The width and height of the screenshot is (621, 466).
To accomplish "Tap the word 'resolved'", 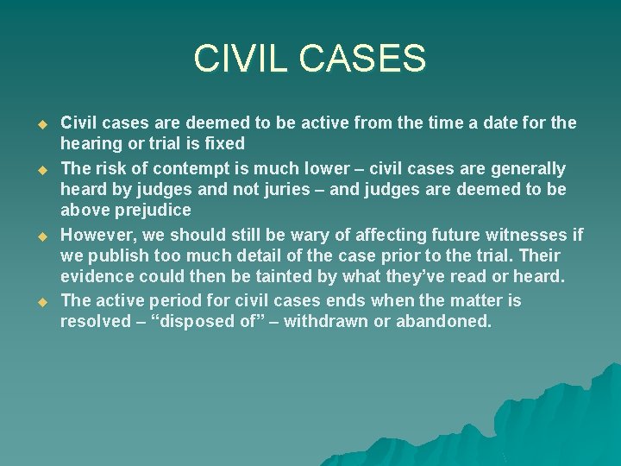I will (97, 323).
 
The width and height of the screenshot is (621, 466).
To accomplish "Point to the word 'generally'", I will (529, 167).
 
